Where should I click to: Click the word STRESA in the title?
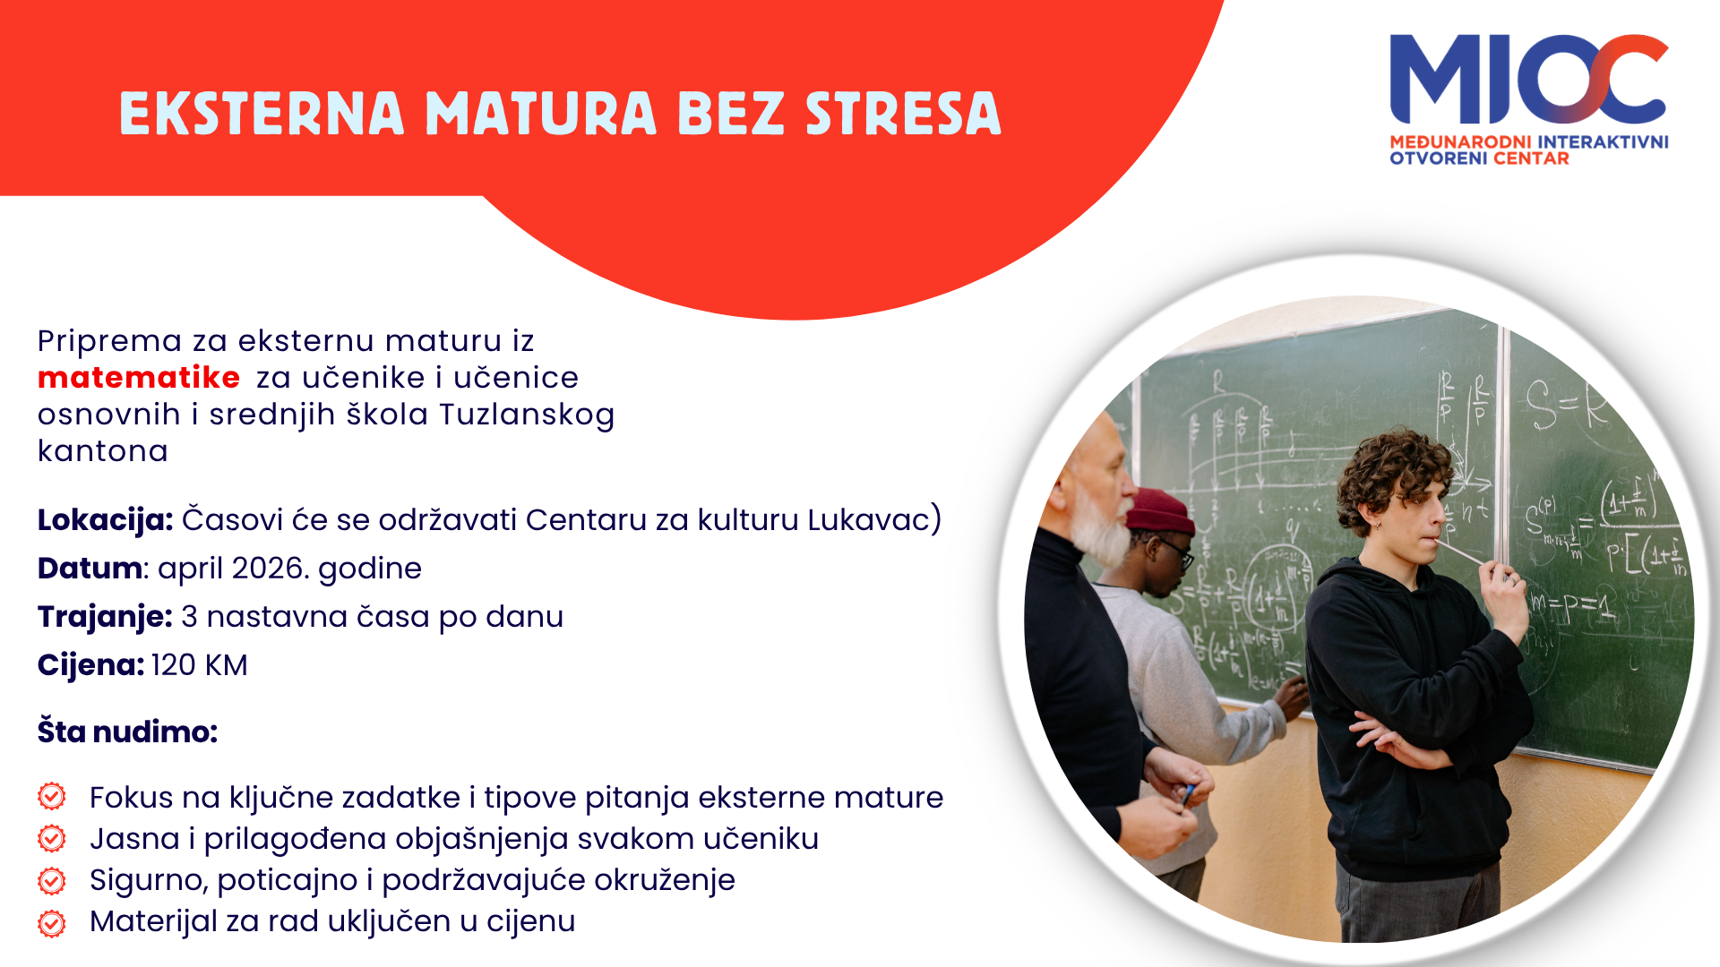point(903,114)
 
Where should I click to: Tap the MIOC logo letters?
point(1528,79)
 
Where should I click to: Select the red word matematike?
point(139,378)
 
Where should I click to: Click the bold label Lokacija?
point(105,520)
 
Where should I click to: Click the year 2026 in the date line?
point(264,569)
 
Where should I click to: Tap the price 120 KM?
point(200,665)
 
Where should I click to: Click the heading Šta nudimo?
point(127,732)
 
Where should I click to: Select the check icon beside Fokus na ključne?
point(52,796)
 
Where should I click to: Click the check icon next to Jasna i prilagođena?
point(52,838)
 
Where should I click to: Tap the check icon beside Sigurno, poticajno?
point(52,880)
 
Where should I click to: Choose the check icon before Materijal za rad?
point(52,922)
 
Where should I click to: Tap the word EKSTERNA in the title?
point(262,114)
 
